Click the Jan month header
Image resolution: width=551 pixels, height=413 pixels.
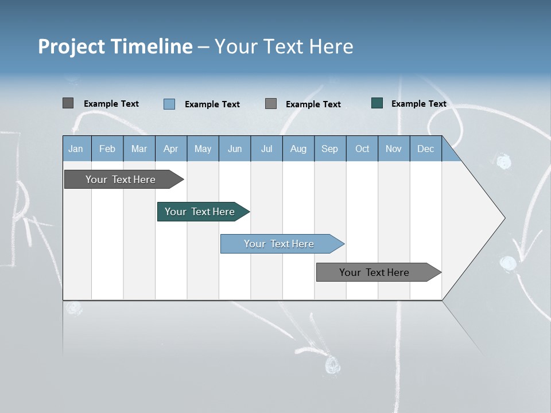76,149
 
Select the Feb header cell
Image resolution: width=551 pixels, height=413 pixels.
107,149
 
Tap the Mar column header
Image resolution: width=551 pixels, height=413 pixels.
139,149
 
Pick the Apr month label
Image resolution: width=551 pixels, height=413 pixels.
171,149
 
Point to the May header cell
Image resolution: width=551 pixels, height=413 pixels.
203,149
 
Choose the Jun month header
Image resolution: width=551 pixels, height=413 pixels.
235,149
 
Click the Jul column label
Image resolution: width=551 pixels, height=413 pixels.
266,149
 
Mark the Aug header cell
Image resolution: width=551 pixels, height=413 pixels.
298,149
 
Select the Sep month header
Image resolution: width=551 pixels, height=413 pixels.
330,149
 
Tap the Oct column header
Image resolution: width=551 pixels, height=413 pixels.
362,149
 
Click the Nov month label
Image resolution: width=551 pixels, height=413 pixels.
394,149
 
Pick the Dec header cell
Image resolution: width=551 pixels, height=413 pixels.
426,149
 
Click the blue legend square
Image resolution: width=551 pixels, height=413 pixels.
169,104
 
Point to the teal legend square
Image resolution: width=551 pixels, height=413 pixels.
377,103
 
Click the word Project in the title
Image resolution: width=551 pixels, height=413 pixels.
72,46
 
